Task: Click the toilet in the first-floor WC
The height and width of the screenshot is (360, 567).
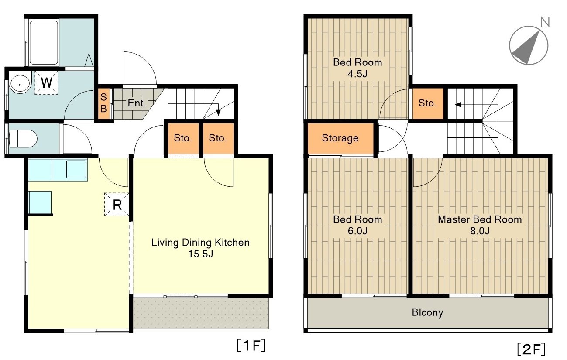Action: pyautogui.click(x=23, y=139)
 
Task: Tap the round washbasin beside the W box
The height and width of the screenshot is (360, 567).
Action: pyautogui.click(x=20, y=84)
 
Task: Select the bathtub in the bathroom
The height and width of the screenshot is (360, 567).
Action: pyautogui.click(x=44, y=42)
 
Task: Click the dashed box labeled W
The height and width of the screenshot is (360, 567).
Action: pyautogui.click(x=47, y=83)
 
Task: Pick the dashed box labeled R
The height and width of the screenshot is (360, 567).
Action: pyautogui.click(x=117, y=204)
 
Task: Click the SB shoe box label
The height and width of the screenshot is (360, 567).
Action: pyautogui.click(x=104, y=103)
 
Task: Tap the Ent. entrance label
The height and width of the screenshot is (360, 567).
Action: pyautogui.click(x=137, y=103)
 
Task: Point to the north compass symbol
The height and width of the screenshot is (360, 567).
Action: pyautogui.click(x=529, y=45)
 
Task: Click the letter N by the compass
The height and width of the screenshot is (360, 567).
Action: pyautogui.click(x=545, y=22)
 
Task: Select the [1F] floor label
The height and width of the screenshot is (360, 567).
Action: pyautogui.click(x=251, y=346)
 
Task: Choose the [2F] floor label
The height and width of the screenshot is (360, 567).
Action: pyautogui.click(x=531, y=350)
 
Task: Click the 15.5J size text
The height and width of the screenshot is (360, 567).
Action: pyautogui.click(x=200, y=254)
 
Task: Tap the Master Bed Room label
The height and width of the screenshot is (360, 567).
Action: pyautogui.click(x=480, y=219)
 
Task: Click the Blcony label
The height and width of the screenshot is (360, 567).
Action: pyautogui.click(x=427, y=313)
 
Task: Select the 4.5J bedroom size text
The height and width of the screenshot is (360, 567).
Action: pyautogui.click(x=357, y=74)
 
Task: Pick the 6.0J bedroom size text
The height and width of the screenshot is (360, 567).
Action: pyautogui.click(x=357, y=231)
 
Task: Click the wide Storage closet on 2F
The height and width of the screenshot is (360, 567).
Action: pyautogui.click(x=340, y=138)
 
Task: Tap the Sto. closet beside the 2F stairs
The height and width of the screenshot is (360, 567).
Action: pyautogui.click(x=428, y=103)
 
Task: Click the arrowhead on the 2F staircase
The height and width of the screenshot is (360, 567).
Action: pyautogui.click(x=458, y=104)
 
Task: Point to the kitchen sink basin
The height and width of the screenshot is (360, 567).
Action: pyautogui.click(x=76, y=169)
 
